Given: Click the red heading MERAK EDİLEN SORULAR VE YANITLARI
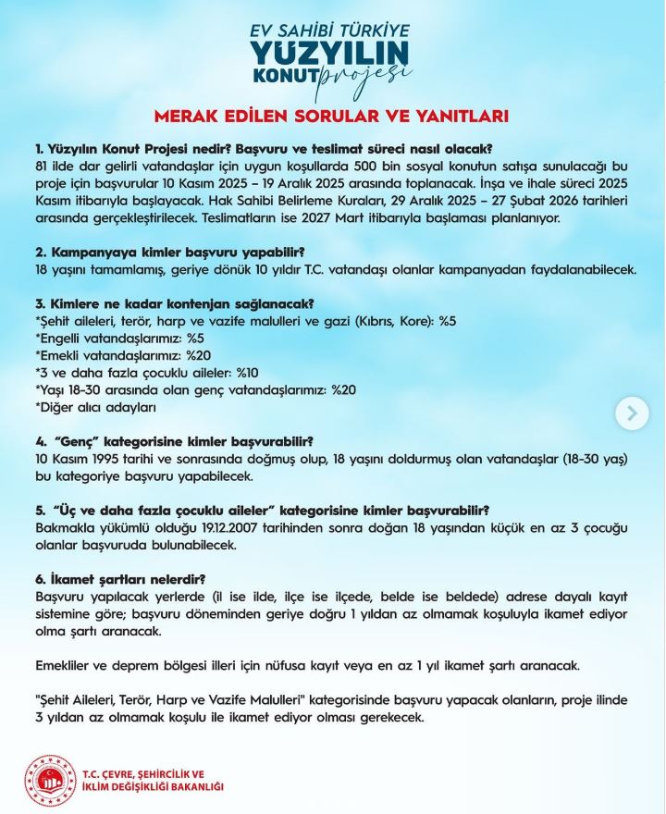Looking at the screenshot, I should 332,117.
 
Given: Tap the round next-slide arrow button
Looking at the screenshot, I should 632,413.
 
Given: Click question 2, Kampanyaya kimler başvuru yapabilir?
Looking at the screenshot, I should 170,253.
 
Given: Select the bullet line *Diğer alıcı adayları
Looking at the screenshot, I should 95,406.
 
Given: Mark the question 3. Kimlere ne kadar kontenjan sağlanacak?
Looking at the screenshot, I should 174,304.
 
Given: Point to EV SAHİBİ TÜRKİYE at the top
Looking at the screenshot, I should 330,29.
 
